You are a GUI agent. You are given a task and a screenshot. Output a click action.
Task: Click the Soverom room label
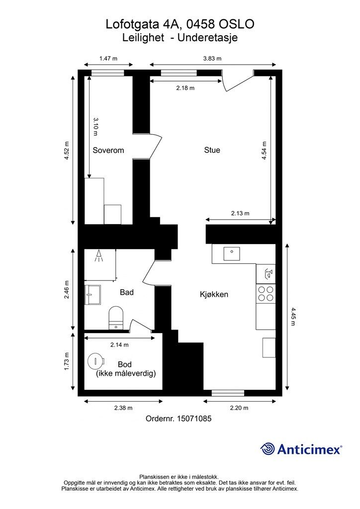click(108, 150)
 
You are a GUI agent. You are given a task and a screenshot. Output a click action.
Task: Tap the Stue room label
click(212, 150)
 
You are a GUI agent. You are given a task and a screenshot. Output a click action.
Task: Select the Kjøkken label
click(214, 295)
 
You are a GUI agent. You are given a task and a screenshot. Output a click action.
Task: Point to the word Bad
click(127, 292)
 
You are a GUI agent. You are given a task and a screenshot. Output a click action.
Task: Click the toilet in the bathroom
click(116, 318)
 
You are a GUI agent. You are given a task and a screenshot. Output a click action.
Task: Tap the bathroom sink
click(92, 294)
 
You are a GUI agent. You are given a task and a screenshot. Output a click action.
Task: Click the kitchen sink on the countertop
click(231, 254)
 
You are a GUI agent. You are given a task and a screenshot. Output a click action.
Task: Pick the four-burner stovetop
click(266, 293)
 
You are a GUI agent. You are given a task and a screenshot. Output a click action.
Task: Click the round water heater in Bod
click(96, 361)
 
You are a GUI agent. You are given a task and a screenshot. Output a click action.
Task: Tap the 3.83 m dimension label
click(212, 59)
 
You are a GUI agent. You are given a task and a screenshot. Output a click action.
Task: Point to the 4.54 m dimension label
click(264, 150)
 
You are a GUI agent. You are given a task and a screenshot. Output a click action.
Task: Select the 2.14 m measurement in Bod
click(119, 345)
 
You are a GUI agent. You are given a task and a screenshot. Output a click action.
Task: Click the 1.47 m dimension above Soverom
click(108, 59)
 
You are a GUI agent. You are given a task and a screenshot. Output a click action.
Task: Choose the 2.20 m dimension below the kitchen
click(239, 408)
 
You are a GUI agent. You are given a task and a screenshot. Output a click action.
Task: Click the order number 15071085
click(194, 419)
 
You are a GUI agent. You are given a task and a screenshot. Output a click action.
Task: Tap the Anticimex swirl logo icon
click(267, 449)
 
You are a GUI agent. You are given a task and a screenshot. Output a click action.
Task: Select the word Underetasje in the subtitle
click(208, 38)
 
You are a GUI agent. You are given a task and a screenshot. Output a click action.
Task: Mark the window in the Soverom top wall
click(108, 73)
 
